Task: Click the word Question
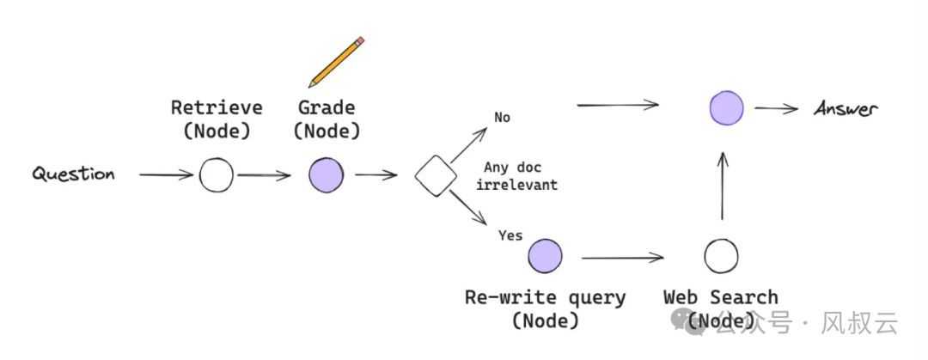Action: click(73, 174)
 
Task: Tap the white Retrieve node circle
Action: click(216, 175)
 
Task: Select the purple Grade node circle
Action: click(326, 175)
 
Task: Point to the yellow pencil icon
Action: click(335, 61)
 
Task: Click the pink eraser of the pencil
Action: click(360, 40)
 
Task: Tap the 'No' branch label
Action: click(502, 117)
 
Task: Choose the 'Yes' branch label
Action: click(510, 235)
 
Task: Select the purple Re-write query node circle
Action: click(545, 256)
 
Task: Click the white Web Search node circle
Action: click(721, 256)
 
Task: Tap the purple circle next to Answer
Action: click(726, 109)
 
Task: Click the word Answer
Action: click(846, 109)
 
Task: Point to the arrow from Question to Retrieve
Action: click(166, 175)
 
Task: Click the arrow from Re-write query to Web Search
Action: click(623, 256)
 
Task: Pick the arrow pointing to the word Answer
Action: click(777, 109)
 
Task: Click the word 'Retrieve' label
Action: click(217, 108)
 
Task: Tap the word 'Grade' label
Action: click(327, 108)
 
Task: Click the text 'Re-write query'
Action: click(545, 298)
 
